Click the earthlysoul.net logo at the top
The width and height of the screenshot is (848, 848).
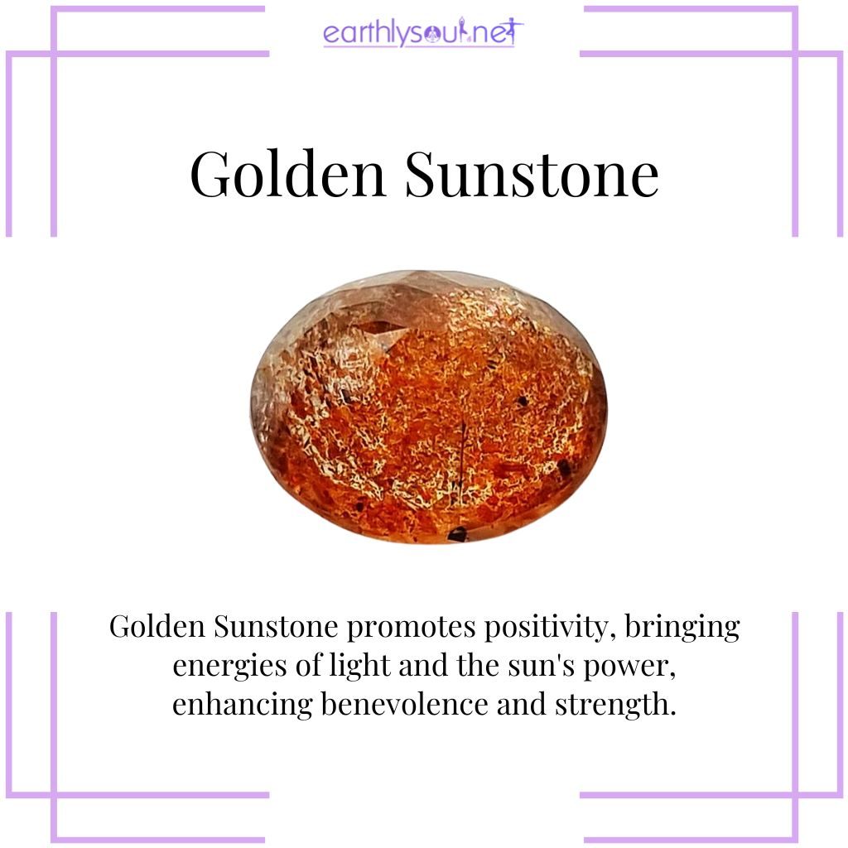tap(423, 34)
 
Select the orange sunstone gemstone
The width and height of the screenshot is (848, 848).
tap(428, 406)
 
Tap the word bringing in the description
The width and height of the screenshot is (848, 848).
tap(682, 628)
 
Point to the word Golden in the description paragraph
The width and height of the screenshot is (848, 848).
tap(157, 627)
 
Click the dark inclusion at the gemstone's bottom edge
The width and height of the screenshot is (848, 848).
tap(456, 535)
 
